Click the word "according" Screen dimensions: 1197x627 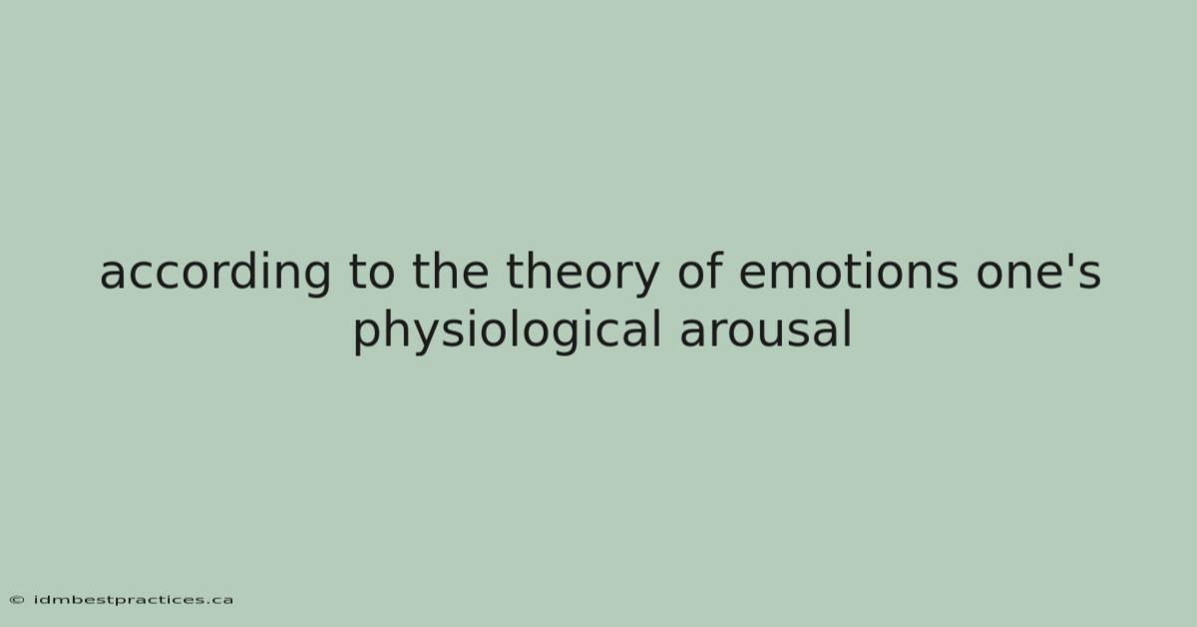click(x=214, y=273)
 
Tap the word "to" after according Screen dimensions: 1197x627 click(x=372, y=272)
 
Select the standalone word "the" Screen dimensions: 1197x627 click(x=451, y=271)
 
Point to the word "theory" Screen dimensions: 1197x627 click(x=583, y=273)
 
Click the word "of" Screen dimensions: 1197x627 click(x=700, y=271)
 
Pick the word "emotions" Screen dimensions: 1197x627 click(x=849, y=272)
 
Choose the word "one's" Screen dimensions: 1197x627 click(x=1038, y=272)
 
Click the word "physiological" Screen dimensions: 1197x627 click(x=507, y=331)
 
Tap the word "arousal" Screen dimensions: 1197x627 click(x=766, y=329)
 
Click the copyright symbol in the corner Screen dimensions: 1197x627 click(x=17, y=600)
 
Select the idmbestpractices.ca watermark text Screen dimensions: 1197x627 click(x=133, y=600)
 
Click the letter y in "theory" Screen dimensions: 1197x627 click(x=644, y=280)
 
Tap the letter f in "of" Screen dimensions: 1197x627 click(x=714, y=271)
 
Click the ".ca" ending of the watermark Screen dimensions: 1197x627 click(x=220, y=601)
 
